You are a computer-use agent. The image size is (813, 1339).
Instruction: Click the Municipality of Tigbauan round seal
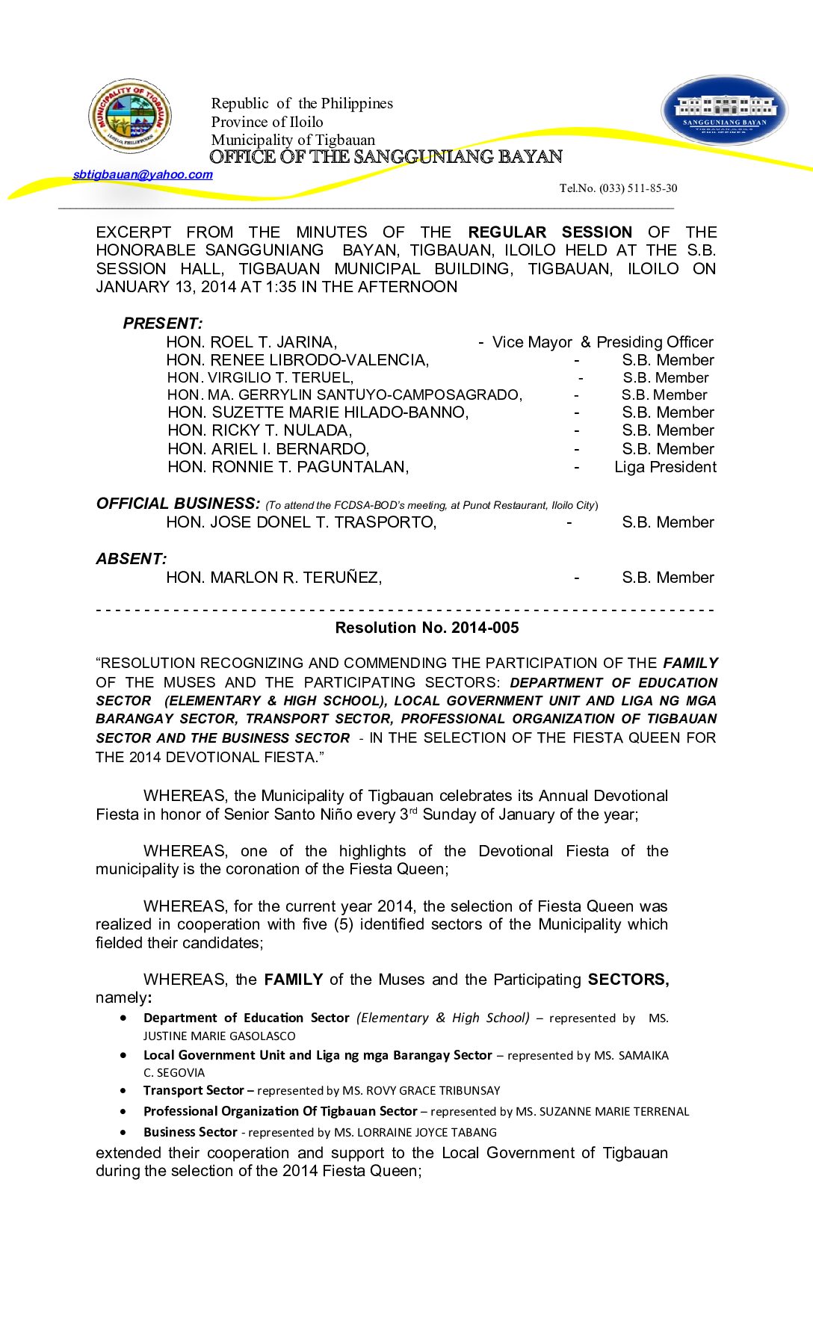pos(130,116)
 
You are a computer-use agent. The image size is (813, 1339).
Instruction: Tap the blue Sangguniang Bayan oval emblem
pos(724,110)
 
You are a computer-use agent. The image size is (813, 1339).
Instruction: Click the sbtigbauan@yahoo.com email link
pos(143,175)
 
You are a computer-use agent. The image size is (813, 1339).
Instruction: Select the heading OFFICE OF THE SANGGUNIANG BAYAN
pos(386,157)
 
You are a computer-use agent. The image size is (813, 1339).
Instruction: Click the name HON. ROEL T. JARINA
pos(252,342)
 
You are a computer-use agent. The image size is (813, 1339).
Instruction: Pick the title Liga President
pos(665,467)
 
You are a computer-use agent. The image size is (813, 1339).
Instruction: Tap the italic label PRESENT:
pos(163,324)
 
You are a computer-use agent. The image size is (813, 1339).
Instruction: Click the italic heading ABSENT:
pos(132,559)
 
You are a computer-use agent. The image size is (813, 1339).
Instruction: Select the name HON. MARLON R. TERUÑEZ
pos(274,578)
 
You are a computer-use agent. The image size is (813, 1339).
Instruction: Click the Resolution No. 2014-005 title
pos(427,628)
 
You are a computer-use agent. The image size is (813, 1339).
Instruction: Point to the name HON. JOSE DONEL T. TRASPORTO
pos(301,522)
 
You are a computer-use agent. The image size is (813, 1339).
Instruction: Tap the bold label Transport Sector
pos(194,1091)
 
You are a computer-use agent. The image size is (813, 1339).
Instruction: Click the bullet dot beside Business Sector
pos(123,1133)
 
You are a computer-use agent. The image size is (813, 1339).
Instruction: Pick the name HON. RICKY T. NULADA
pos(259,430)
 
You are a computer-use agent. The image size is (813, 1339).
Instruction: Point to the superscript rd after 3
pos(413,811)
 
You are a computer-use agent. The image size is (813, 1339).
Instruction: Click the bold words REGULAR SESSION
pos(550,232)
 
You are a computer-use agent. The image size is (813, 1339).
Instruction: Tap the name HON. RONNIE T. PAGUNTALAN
pos(288,467)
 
